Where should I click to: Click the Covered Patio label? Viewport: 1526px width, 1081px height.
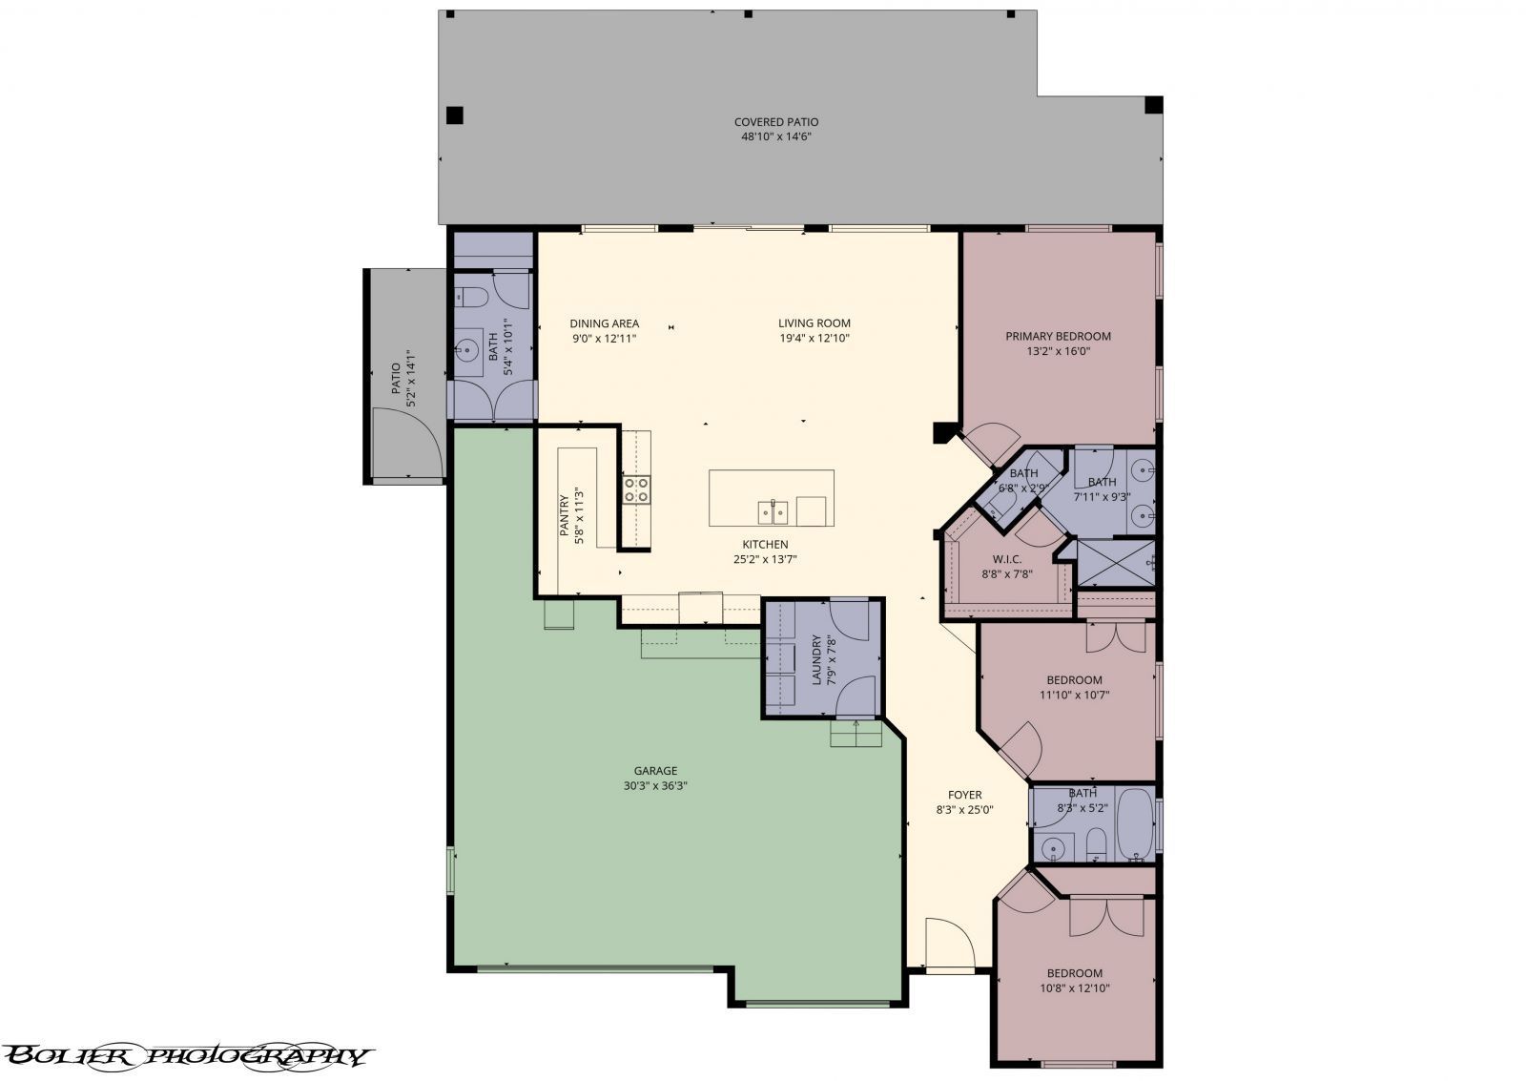pos(775,122)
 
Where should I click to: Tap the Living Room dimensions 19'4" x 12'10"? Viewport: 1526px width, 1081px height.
pos(814,338)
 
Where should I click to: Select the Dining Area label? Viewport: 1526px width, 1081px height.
pos(604,323)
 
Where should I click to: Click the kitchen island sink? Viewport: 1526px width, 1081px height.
pos(773,512)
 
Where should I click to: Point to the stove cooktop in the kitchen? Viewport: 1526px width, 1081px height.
pos(636,489)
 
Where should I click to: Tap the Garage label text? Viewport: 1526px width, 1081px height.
pos(655,771)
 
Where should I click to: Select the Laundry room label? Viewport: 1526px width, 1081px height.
pos(816,660)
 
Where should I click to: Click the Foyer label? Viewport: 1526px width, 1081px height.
pos(964,795)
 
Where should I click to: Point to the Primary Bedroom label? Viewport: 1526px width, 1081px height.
pos(1058,336)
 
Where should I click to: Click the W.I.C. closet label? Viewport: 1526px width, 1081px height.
pos(1007,559)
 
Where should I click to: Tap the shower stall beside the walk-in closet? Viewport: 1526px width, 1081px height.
pos(1115,563)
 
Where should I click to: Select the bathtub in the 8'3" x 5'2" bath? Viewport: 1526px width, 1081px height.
pos(1134,822)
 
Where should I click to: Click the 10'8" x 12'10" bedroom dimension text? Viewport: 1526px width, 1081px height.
pos(1074,988)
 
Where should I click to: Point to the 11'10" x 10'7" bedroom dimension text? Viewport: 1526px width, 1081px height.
pos(1074,696)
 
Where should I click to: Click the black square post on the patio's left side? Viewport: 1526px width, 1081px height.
pos(455,115)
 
